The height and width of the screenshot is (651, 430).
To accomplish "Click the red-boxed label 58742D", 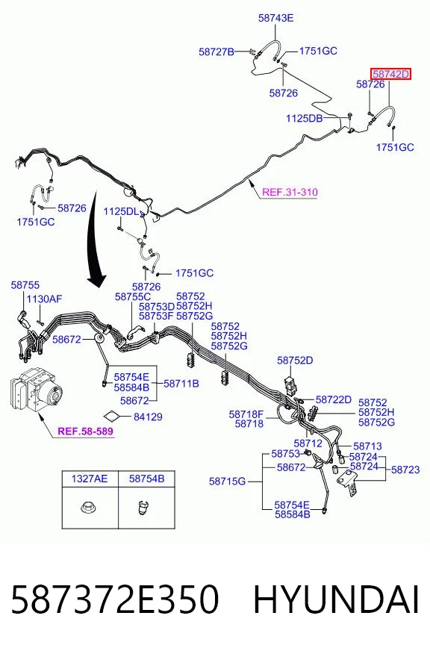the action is tap(390, 75).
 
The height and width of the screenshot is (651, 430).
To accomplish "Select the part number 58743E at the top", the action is tap(275, 18).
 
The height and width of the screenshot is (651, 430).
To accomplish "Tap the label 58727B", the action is tap(216, 52).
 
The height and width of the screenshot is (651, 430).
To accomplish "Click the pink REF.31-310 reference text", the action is tap(290, 192).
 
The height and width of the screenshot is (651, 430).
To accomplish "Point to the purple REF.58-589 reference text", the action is tap(86, 432).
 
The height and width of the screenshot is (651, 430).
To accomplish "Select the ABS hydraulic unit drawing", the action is tap(35, 390).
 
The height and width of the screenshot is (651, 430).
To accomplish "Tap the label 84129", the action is tap(148, 417).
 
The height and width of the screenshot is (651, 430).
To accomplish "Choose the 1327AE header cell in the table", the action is tap(90, 479).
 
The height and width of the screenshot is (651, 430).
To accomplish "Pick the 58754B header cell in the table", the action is tap(146, 479).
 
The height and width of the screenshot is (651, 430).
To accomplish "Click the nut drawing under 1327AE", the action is tap(87, 507).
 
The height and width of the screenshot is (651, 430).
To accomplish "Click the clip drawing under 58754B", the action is tap(143, 508).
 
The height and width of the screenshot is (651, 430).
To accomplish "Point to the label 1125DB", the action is tap(305, 118).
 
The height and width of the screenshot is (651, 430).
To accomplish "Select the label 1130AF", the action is tap(44, 299).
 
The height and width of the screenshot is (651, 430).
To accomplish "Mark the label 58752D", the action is tap(295, 361).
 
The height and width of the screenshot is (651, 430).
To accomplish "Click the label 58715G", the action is tap(227, 482).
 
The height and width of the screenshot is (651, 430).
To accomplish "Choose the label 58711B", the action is tap(181, 383).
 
